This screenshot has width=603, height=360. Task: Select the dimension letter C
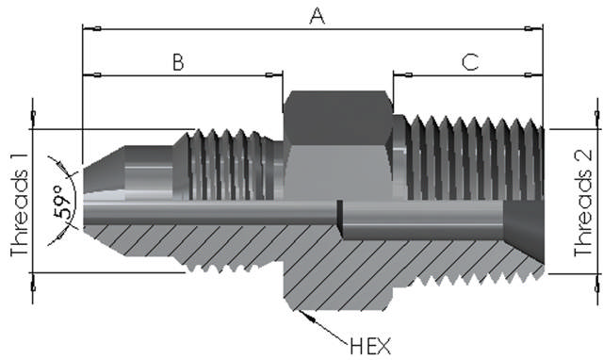pyautogui.click(x=470, y=62)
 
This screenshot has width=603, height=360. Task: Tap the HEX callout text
pyautogui.click(x=370, y=345)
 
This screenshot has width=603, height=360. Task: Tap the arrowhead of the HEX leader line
pyautogui.click(x=304, y=312)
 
